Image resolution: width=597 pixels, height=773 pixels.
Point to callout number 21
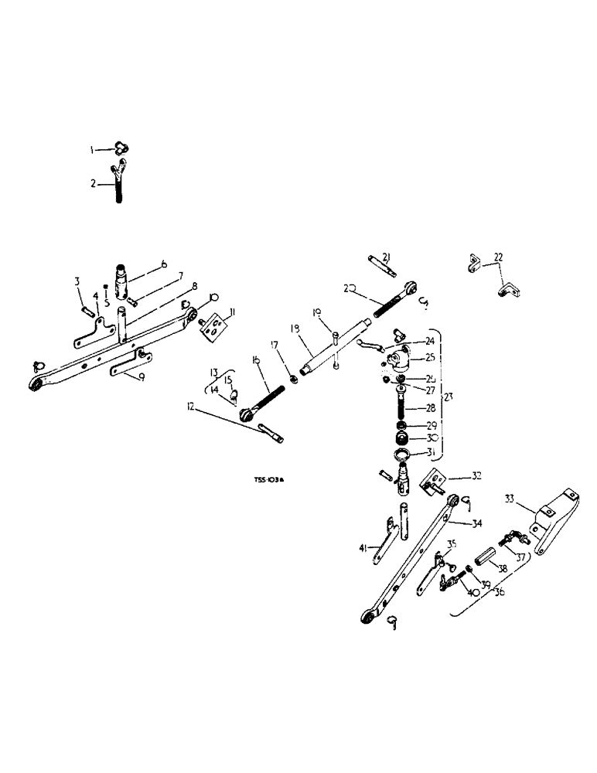[386, 257]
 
